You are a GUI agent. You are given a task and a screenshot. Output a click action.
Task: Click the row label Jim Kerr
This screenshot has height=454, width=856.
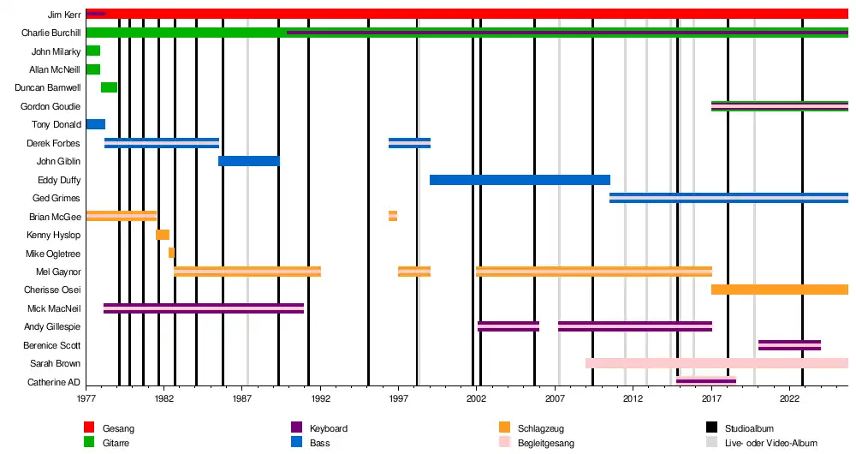coord(64,15)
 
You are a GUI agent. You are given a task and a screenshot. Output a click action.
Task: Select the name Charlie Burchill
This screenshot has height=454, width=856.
coord(51,33)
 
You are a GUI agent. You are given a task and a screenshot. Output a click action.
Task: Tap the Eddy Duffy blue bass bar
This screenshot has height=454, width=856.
coord(520,180)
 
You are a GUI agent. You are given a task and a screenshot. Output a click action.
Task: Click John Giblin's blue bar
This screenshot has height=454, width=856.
coord(248,161)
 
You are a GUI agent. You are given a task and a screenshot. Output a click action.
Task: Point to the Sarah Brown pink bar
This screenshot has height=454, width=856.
coord(716,363)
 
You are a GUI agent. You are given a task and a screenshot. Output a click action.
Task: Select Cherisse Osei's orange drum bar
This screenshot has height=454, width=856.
coord(779,290)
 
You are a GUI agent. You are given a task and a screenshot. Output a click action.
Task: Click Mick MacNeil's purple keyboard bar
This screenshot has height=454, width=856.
coord(203,308)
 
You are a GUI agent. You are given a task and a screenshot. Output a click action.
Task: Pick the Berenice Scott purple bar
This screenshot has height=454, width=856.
coord(789,345)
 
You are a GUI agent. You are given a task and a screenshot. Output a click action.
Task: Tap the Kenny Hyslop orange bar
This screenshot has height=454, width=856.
coord(163,235)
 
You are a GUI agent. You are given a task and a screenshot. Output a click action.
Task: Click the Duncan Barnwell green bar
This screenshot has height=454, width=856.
coord(109,87)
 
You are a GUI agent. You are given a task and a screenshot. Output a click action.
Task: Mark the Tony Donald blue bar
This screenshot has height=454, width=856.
coord(95,124)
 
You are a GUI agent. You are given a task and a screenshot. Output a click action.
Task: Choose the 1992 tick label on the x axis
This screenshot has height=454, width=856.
coord(321,399)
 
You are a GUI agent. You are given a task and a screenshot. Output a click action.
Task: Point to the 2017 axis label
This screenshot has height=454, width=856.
coord(711,399)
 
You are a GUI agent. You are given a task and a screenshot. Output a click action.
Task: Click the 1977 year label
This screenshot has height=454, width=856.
coord(86,399)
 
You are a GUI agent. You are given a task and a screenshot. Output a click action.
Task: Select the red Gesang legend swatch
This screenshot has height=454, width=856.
coord(88,427)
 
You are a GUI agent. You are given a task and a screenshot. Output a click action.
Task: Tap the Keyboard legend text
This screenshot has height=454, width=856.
coord(329,428)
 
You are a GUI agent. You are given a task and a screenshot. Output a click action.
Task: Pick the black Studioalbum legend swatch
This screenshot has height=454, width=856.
coord(711,427)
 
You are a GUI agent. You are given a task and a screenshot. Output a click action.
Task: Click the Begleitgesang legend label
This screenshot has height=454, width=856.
coord(546,444)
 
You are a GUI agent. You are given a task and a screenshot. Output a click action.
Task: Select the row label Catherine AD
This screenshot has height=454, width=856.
coord(54,382)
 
